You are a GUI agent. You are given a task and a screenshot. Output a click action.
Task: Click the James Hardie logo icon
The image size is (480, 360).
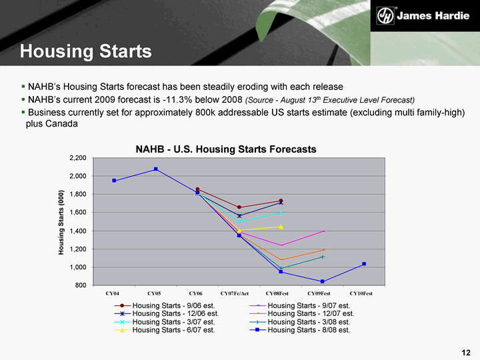tap(385, 15)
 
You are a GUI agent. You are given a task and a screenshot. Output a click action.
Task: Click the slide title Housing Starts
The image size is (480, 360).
tap(85, 51)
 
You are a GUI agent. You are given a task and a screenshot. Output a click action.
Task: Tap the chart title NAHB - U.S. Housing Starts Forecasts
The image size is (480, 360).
tap(226, 149)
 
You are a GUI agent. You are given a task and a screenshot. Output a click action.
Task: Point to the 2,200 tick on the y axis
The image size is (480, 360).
tap(78, 158)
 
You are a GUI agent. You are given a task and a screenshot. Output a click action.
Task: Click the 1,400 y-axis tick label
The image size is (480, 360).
tap(78, 231)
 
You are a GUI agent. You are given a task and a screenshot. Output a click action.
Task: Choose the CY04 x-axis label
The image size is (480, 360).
tap(114, 293)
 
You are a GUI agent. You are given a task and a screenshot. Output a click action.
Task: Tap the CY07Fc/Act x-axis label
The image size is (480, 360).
tap(235, 293)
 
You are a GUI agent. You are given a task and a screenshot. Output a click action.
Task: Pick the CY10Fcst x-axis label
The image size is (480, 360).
tap(361, 293)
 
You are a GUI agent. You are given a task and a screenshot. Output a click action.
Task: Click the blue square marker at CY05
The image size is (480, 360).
tap(156, 169)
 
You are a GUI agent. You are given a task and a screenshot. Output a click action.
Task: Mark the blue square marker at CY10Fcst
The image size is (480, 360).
tap(363, 264)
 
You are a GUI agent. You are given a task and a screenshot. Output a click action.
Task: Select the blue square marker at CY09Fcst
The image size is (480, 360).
tap(323, 281)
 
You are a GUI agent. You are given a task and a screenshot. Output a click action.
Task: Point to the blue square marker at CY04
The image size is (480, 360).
tap(115, 181)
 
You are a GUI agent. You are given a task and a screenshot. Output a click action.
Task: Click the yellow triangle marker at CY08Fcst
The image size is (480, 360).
tap(281, 227)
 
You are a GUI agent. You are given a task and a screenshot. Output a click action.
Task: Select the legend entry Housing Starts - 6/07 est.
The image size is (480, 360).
tap(173, 329)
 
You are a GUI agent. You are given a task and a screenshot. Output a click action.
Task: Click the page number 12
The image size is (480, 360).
tap(465, 352)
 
